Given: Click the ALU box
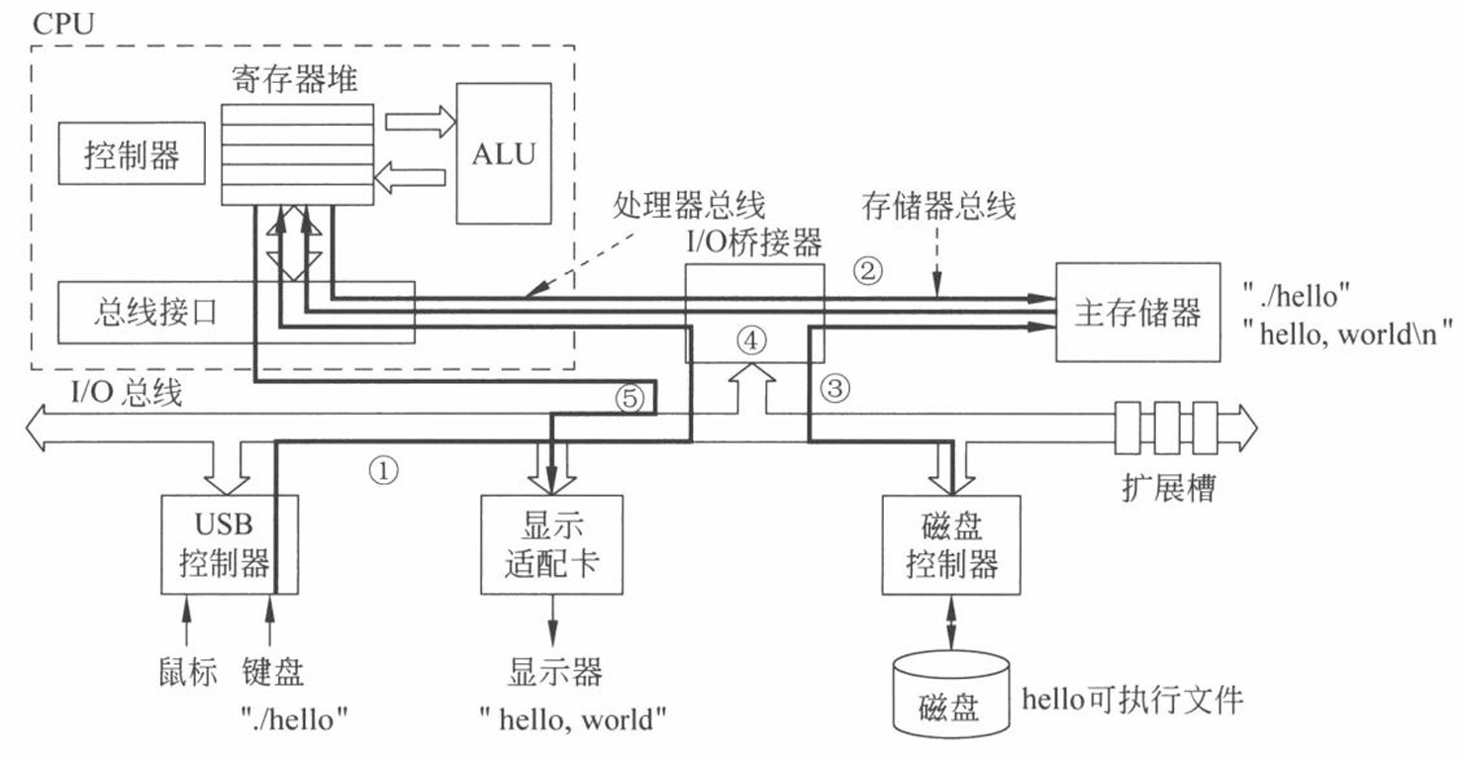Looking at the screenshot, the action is (504, 154).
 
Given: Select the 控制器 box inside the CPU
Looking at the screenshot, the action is (132, 153).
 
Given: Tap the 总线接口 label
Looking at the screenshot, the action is (154, 312).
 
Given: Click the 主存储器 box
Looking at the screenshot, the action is (1137, 313).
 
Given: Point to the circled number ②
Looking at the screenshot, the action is (868, 270).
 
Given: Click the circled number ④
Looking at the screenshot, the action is (751, 339).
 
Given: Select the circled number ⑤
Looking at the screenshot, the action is (630, 398).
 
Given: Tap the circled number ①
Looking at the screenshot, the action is (383, 470).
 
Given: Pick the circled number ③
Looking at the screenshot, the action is (835, 388).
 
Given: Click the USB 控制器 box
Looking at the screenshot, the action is (230, 544).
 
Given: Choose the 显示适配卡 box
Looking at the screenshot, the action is (551, 544).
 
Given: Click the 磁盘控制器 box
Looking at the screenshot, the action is (951, 544).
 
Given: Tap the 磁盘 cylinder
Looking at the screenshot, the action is (951, 694).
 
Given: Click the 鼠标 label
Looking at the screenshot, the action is (188, 672).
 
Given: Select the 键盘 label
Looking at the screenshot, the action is (272, 672).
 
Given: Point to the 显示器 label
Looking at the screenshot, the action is (554, 672).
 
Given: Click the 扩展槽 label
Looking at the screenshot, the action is (1168, 488).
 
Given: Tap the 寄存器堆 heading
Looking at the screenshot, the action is (295, 80).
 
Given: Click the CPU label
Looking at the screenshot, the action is (63, 24).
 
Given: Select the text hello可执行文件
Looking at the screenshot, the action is (1132, 700).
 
